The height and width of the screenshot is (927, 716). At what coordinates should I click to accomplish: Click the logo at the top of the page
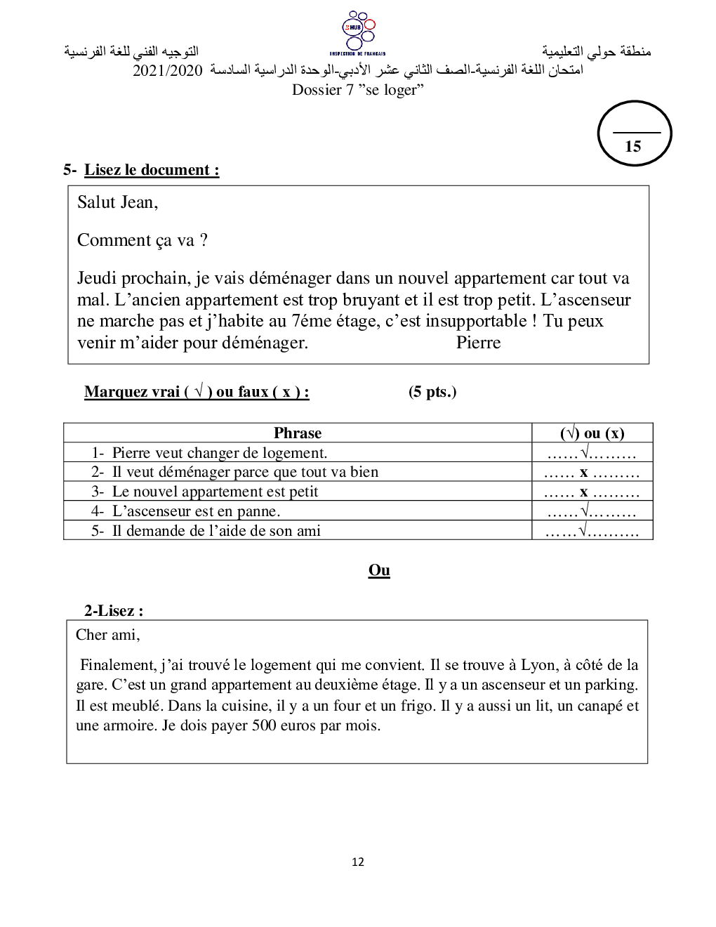pos(357,32)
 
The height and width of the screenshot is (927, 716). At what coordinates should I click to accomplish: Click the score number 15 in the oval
pos(633,146)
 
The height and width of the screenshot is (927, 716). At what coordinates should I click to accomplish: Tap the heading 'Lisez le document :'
pos(152,170)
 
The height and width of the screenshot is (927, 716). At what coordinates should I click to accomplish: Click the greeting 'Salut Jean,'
pos(118,202)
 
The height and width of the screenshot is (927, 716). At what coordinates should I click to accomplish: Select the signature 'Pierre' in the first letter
pos(478,343)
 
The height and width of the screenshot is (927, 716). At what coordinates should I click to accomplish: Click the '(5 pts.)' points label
pos(432,392)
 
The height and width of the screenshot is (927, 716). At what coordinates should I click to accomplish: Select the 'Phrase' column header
pos(298,433)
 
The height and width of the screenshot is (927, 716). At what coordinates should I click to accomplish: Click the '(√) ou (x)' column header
pos(592,433)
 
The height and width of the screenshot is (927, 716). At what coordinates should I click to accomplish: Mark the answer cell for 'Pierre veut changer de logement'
pos(592,453)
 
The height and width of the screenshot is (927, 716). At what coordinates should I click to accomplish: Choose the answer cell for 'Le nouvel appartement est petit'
pos(592,492)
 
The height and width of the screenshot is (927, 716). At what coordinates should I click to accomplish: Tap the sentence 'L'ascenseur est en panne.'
pos(196,511)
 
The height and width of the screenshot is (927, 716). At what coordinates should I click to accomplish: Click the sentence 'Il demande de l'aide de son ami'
pos(216,531)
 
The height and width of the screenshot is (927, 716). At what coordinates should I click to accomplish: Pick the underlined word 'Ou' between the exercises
pos(379,570)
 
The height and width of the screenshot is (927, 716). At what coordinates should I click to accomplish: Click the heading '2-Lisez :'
pos(114,611)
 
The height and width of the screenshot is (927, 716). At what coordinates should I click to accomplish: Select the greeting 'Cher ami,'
pos(108,635)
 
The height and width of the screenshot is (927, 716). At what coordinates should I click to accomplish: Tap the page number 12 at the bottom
pos(358,862)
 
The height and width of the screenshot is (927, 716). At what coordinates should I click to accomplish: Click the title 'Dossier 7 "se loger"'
pos(358,90)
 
